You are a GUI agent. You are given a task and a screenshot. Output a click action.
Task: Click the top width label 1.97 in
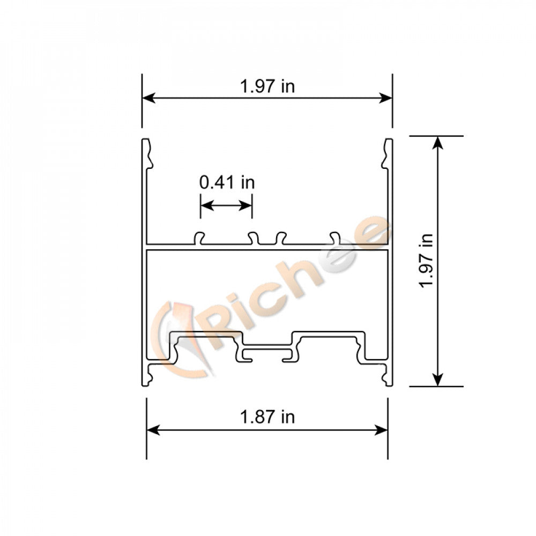(267, 86)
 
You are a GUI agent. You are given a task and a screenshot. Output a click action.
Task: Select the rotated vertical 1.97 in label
(427, 260)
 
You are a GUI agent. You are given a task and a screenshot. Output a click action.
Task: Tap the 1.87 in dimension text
(267, 416)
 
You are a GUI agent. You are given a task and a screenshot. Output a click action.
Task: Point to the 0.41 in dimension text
(227, 182)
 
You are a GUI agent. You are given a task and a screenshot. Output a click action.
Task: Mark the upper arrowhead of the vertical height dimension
(438, 143)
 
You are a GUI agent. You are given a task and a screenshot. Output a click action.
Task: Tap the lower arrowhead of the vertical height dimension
(438, 379)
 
